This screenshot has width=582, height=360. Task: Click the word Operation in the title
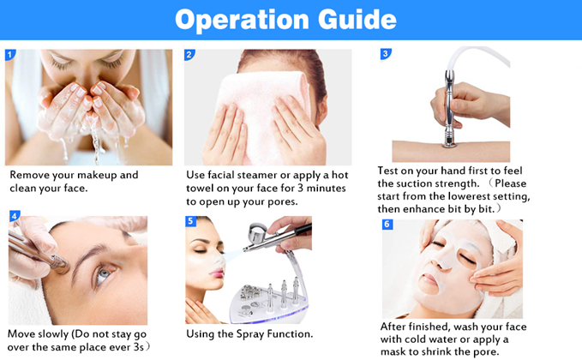[242, 20]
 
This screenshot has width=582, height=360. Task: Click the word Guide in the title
[357, 20]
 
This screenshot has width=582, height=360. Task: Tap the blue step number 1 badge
[10, 55]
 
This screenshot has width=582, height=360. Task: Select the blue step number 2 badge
[189, 55]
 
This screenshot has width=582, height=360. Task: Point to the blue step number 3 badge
[386, 54]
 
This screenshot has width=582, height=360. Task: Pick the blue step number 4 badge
[15, 216]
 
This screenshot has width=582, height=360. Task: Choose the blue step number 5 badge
[190, 221]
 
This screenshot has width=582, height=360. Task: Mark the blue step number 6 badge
[387, 225]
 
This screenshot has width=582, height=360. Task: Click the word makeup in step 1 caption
[97, 175]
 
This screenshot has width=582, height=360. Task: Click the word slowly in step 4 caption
[52, 334]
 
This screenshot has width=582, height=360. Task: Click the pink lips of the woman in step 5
[217, 273]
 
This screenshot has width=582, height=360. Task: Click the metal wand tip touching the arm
[450, 143]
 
